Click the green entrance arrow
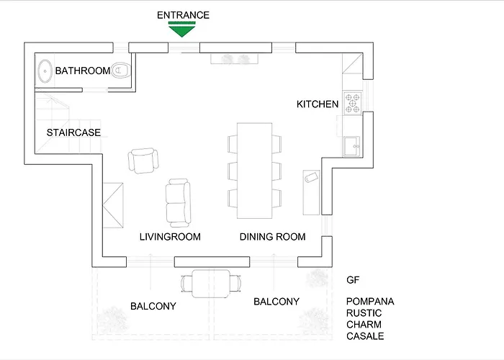(183, 29)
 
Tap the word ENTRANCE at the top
(183, 14)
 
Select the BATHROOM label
(83, 71)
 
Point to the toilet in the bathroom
(122, 70)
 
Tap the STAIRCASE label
(73, 132)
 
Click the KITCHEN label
(318, 104)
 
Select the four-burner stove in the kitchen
(352, 103)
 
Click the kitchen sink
(353, 147)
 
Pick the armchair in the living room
(143, 160)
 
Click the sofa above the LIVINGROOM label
(179, 202)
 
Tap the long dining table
(255, 171)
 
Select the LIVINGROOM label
(170, 237)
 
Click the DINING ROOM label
(272, 237)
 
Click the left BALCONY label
(153, 306)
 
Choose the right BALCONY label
(276, 302)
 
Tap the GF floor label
(353, 280)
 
